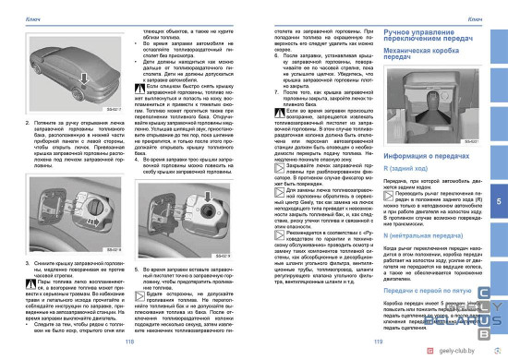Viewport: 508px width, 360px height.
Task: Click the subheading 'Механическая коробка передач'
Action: point(406,53)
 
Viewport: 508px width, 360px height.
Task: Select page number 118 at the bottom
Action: point(128,341)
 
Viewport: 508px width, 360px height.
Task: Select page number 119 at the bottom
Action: point(377,341)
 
